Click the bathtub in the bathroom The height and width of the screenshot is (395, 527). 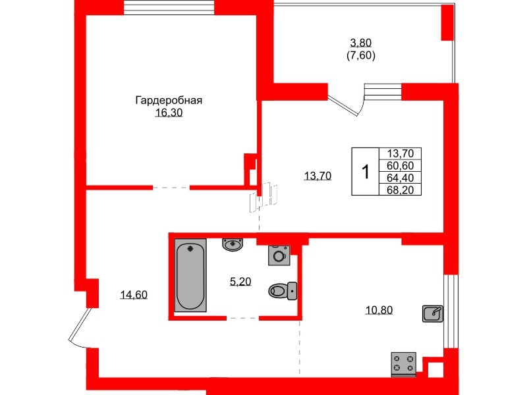point(190,276)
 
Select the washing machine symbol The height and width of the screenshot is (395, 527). point(279,255)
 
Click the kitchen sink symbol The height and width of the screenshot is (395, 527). point(432,314)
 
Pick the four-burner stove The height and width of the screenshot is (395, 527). point(404,362)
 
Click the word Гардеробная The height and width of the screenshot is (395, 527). point(168,101)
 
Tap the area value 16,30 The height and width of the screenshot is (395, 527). point(168,113)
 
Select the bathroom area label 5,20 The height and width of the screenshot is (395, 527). point(240,282)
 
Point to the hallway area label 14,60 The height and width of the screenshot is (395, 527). point(134,295)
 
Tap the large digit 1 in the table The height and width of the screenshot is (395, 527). point(365,171)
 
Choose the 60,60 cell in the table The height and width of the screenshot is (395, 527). point(400,165)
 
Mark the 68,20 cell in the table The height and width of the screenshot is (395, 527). point(400,189)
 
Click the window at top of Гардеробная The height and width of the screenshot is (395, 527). point(169,8)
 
